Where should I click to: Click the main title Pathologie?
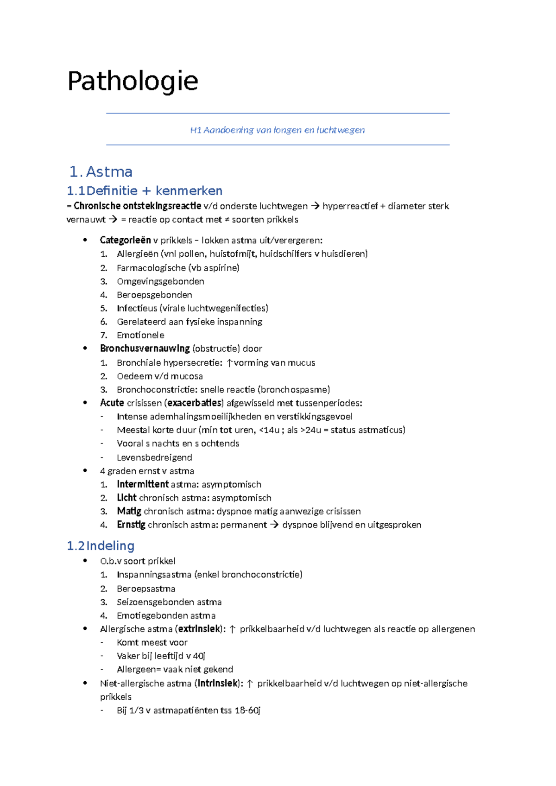[133, 82]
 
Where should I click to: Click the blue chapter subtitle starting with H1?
[277, 130]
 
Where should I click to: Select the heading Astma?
[109, 172]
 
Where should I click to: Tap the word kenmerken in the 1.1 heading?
[189, 191]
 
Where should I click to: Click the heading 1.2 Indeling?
[101, 546]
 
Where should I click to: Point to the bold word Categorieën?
[125, 240]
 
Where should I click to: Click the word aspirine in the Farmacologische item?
[220, 268]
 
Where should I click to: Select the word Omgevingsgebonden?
[160, 281]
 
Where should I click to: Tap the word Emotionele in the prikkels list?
[140, 335]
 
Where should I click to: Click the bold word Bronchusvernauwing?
[145, 349]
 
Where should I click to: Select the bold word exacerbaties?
[195, 403]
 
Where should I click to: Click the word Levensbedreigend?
[154, 457]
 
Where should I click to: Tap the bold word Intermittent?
[143, 484]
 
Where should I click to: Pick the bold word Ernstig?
[131, 525]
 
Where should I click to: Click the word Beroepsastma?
[146, 589]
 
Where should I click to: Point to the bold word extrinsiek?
[199, 629]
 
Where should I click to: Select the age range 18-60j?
[247, 710]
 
